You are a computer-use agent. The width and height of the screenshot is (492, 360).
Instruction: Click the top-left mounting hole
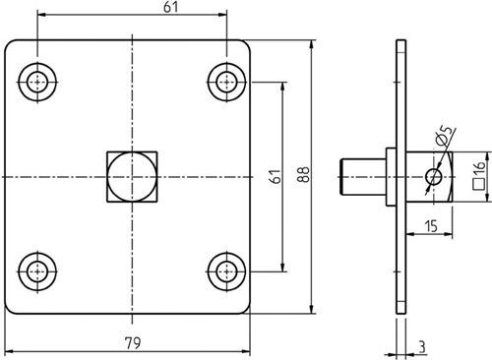click(x=37, y=82)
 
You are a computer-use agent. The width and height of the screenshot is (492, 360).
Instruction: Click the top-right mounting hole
click(x=226, y=82)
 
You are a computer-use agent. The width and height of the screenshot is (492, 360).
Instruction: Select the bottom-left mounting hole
click(x=37, y=271)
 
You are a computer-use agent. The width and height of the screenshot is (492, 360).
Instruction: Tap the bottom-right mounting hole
click(x=226, y=271)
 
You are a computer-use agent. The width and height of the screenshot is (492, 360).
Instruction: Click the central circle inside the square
click(x=132, y=177)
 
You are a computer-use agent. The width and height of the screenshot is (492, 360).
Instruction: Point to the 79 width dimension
click(x=133, y=343)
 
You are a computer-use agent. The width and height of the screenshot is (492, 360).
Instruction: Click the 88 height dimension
click(x=303, y=174)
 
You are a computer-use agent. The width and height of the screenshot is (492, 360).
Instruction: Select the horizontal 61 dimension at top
click(x=171, y=7)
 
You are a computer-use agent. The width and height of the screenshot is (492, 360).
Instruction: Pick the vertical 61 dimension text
click(x=277, y=176)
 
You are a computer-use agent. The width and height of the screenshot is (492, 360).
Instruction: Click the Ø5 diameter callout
click(x=445, y=135)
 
